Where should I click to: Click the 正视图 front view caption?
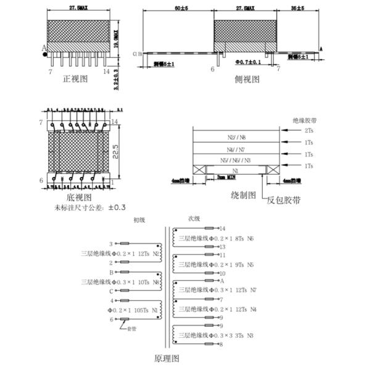tap(76, 80)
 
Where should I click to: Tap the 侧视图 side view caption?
tap(247, 80)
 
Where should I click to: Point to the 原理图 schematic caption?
tap(167, 357)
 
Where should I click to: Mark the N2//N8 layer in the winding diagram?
tap(236, 137)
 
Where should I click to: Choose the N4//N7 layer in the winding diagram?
tap(236, 149)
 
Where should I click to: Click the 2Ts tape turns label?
tap(308, 131)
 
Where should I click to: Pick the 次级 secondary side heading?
tap(194, 218)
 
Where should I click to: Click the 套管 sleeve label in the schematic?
tap(131, 329)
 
